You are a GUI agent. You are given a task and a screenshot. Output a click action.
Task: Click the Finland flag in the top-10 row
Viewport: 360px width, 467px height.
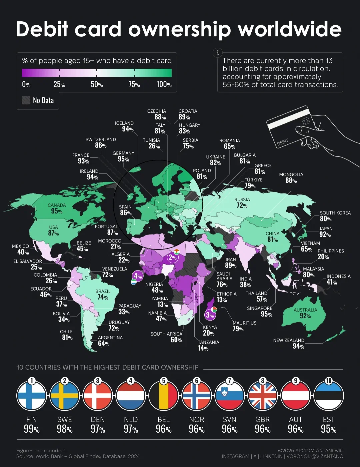pyautogui.click(x=32, y=396)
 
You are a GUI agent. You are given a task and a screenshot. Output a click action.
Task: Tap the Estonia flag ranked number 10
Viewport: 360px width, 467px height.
pyautogui.click(x=329, y=396)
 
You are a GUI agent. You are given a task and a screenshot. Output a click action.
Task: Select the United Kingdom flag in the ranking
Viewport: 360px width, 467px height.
pyautogui.click(x=263, y=396)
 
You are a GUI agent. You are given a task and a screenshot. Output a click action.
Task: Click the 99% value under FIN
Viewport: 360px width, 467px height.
pyautogui.click(x=32, y=429)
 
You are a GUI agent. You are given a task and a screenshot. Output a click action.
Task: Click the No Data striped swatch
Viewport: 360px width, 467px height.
pyautogui.click(x=26, y=100)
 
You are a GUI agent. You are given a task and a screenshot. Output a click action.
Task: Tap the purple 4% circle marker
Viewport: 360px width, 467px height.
pyautogui.click(x=137, y=276)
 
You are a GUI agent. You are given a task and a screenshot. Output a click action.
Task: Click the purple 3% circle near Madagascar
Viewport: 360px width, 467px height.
pyautogui.click(x=210, y=315)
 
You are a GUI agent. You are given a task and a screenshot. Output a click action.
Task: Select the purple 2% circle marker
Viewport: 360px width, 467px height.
pyautogui.click(x=172, y=257)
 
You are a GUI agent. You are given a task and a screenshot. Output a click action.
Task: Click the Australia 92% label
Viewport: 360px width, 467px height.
pyautogui.click(x=305, y=313)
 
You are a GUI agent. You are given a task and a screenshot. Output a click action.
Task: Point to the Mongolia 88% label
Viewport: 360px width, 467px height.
pyautogui.click(x=291, y=178)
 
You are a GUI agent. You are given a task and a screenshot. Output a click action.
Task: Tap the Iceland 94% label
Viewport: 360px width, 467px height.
pyautogui.click(x=125, y=126)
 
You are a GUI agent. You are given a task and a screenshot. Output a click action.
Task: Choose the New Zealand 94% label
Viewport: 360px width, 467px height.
pyautogui.click(x=289, y=344)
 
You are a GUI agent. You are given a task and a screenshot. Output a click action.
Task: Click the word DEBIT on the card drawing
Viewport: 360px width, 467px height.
pyautogui.click(x=283, y=142)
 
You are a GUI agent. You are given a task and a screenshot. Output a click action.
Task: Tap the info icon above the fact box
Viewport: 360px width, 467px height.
pyautogui.click(x=217, y=53)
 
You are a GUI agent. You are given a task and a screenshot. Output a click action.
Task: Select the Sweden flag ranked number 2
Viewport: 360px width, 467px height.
pyautogui.click(x=65, y=396)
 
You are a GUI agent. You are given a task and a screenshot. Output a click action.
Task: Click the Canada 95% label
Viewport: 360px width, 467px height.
pyautogui.click(x=57, y=208)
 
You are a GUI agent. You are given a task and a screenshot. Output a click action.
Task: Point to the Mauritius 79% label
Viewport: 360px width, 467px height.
pyautogui.click(x=244, y=326)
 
